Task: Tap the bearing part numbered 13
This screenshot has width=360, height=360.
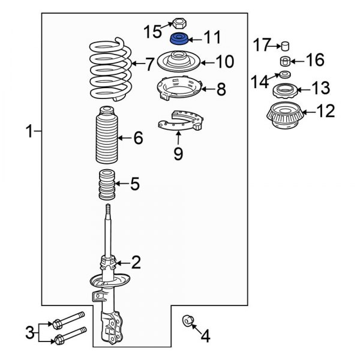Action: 284,91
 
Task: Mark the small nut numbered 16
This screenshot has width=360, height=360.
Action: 286,61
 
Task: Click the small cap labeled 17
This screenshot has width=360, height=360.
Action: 286,46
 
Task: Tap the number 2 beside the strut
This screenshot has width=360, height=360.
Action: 136,262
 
